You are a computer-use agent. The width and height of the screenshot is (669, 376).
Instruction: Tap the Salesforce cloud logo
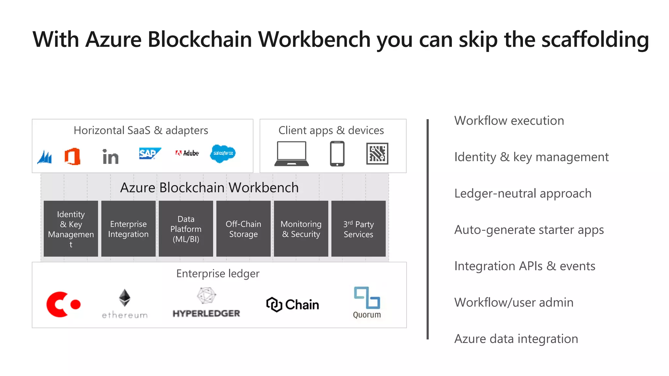coord(223,153)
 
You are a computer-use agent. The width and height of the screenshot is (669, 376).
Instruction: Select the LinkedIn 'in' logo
coord(110,157)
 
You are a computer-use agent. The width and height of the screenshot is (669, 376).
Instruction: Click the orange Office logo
coord(73,156)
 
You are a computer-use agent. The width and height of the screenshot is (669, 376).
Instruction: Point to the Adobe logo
coord(187,153)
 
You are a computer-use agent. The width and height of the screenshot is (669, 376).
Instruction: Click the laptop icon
coord(291,154)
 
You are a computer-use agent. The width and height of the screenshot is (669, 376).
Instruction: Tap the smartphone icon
coord(337,154)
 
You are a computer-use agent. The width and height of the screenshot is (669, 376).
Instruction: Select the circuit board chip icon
coord(377,153)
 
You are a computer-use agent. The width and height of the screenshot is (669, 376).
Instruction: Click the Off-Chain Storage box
coord(243,229)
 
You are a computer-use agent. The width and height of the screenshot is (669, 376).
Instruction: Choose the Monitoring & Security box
coord(301,229)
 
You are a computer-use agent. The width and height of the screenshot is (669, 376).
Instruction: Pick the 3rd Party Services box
coord(358,229)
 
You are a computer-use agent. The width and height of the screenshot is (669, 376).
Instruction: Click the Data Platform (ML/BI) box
coord(186,229)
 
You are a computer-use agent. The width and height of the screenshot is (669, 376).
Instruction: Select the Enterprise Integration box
coord(128,229)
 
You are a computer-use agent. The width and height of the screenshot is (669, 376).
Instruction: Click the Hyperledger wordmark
coord(206,313)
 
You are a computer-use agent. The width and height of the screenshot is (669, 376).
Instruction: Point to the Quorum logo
coord(367,302)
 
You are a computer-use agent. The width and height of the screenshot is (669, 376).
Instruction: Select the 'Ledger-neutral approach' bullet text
coord(523,194)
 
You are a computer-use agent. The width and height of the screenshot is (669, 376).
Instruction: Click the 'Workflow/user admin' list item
coord(514,303)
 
